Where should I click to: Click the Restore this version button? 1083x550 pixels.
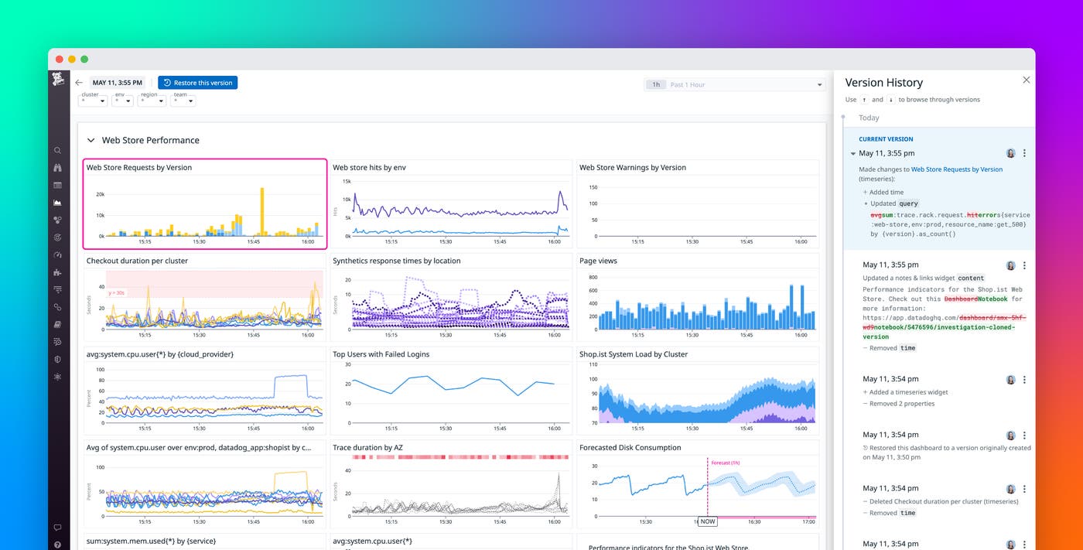197,83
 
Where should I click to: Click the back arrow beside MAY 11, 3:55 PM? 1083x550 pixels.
78,83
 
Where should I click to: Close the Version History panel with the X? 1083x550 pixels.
1026,80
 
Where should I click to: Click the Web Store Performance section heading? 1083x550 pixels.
150,140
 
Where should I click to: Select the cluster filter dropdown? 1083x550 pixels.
92,101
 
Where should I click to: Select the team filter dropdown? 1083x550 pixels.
183,101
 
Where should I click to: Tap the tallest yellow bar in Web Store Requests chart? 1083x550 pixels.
262,210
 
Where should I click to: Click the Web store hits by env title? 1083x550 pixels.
369,167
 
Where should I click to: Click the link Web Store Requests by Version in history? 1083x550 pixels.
956,169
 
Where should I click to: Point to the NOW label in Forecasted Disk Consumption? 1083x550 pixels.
707,521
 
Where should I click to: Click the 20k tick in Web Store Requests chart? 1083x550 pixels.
100,194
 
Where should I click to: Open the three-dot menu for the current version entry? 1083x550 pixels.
1024,153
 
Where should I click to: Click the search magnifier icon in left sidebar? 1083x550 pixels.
58,150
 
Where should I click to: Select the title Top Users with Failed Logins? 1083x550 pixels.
381,354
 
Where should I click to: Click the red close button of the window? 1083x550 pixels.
59,59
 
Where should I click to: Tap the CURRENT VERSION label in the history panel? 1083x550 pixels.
880,139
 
